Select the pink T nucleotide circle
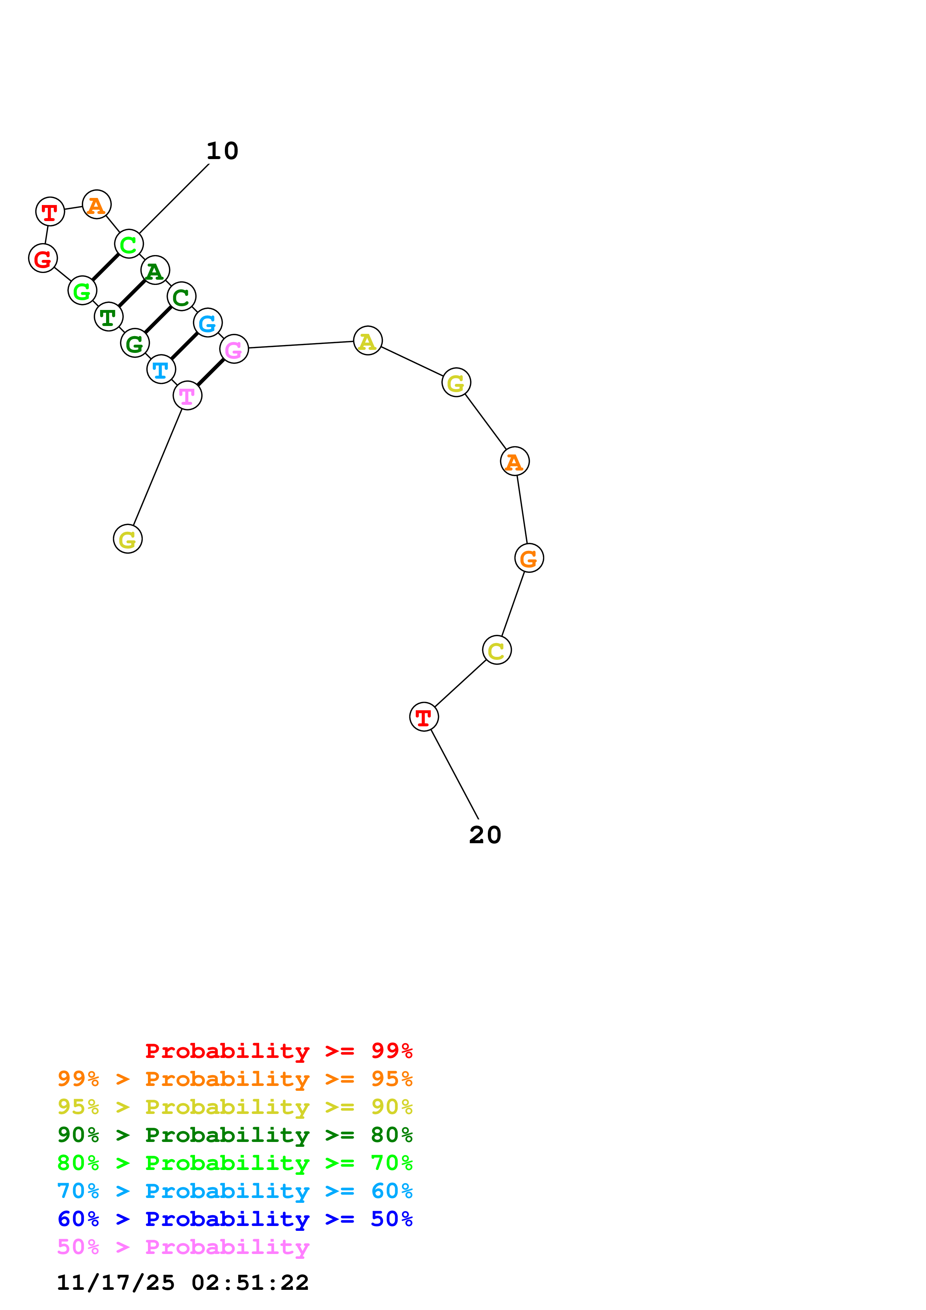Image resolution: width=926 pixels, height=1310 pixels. coord(187,395)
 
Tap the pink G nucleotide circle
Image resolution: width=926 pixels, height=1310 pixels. coord(234,349)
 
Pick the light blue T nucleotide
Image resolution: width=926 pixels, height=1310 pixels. coord(161,370)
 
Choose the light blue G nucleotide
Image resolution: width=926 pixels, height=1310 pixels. coord(208,323)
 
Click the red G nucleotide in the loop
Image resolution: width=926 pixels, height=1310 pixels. coord(43,258)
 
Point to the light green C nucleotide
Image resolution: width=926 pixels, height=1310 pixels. coord(128,244)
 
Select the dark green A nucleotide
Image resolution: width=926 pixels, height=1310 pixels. coord(155,270)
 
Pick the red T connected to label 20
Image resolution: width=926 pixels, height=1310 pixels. coord(423,717)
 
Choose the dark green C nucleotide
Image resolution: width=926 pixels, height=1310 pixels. coord(182,297)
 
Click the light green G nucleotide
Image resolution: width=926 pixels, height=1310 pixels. coord(82,291)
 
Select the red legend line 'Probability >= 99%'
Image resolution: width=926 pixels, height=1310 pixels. coord(278,1051)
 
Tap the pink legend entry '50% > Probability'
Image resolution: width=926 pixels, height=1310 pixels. coord(183,1247)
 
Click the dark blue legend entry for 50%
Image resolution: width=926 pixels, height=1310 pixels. coord(235,1219)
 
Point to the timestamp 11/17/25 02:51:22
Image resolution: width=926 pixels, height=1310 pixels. coord(183,1283)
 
